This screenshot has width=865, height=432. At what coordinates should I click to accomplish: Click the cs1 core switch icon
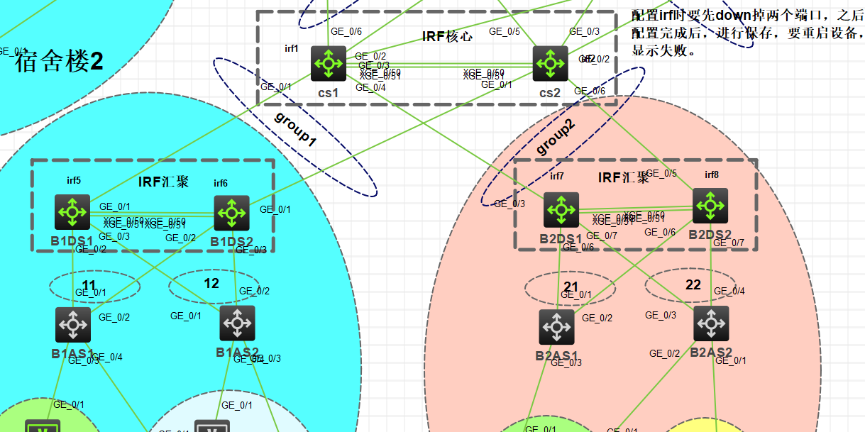(x=329, y=64)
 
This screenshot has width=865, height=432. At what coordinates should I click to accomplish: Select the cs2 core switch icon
(x=551, y=64)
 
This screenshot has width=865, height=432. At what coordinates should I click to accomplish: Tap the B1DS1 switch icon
(x=72, y=212)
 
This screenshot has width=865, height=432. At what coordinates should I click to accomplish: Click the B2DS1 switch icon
(x=561, y=210)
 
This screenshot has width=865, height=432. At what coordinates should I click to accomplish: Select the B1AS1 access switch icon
(x=73, y=324)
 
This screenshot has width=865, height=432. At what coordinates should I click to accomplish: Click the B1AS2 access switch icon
(x=238, y=323)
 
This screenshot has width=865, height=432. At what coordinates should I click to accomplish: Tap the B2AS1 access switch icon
(x=556, y=327)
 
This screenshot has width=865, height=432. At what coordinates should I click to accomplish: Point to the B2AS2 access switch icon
(x=711, y=323)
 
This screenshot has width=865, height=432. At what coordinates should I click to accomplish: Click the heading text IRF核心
(x=447, y=36)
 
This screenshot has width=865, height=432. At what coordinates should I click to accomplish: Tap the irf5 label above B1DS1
(x=74, y=181)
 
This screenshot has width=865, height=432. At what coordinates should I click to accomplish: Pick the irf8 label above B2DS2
(x=712, y=175)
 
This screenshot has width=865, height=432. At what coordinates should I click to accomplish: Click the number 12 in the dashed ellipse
(x=211, y=284)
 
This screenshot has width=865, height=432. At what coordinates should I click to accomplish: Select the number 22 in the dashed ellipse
(x=693, y=285)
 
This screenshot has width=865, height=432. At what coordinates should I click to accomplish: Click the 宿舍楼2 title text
(x=60, y=62)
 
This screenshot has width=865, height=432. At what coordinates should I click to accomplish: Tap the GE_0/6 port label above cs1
(x=346, y=31)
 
